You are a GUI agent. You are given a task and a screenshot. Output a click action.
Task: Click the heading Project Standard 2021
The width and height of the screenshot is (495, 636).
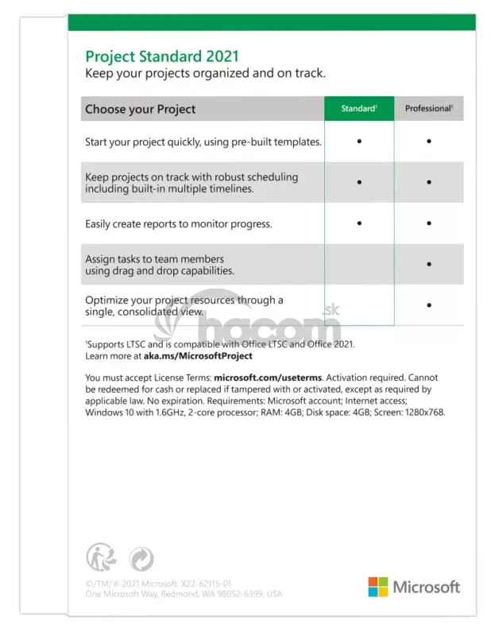(x=161, y=56)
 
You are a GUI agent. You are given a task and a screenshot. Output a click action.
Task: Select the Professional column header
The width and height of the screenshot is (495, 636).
(x=429, y=108)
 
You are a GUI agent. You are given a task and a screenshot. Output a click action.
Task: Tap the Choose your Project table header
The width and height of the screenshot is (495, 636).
(x=140, y=109)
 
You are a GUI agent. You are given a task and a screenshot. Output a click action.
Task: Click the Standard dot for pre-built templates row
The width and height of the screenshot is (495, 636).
(x=359, y=142)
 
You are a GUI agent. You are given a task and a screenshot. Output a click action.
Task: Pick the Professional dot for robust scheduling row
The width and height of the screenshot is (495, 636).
(x=429, y=182)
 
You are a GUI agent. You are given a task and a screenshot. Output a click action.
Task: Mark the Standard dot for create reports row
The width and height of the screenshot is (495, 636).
(x=359, y=223)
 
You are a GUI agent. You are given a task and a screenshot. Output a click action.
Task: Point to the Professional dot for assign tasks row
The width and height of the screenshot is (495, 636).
(x=429, y=264)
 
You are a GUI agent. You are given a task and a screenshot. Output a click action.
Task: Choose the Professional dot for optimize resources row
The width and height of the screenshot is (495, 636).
(x=429, y=304)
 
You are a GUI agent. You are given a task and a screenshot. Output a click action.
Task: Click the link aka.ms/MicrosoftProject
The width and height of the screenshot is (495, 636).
(x=187, y=356)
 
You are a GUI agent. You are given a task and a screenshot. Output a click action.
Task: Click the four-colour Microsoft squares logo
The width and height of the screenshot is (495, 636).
(x=377, y=587)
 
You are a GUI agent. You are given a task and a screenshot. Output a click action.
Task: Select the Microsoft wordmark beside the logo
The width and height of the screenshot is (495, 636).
(x=427, y=587)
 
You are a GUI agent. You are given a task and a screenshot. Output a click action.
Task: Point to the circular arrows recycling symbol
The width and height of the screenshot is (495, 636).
(x=141, y=558)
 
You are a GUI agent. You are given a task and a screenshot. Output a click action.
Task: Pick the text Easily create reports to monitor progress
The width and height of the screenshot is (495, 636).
(x=178, y=224)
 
